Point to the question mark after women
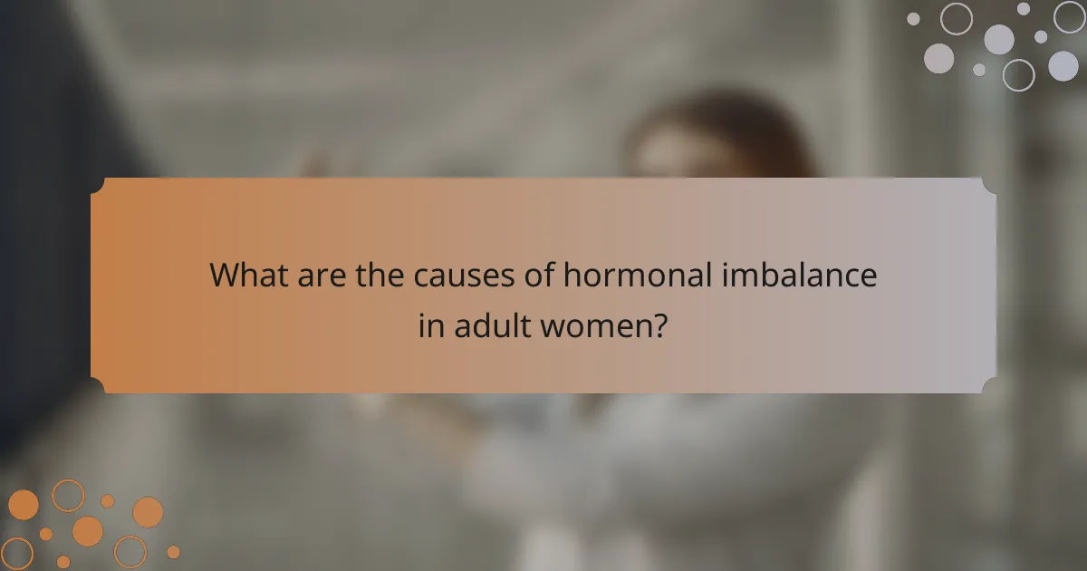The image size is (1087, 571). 661,325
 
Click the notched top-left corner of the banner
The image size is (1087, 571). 98,185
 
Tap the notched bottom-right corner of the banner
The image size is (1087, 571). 989,385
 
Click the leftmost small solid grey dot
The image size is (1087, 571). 913,18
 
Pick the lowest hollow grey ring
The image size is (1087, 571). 1018,75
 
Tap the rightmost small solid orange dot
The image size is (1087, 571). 173,551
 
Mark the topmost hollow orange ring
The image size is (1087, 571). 68,495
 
